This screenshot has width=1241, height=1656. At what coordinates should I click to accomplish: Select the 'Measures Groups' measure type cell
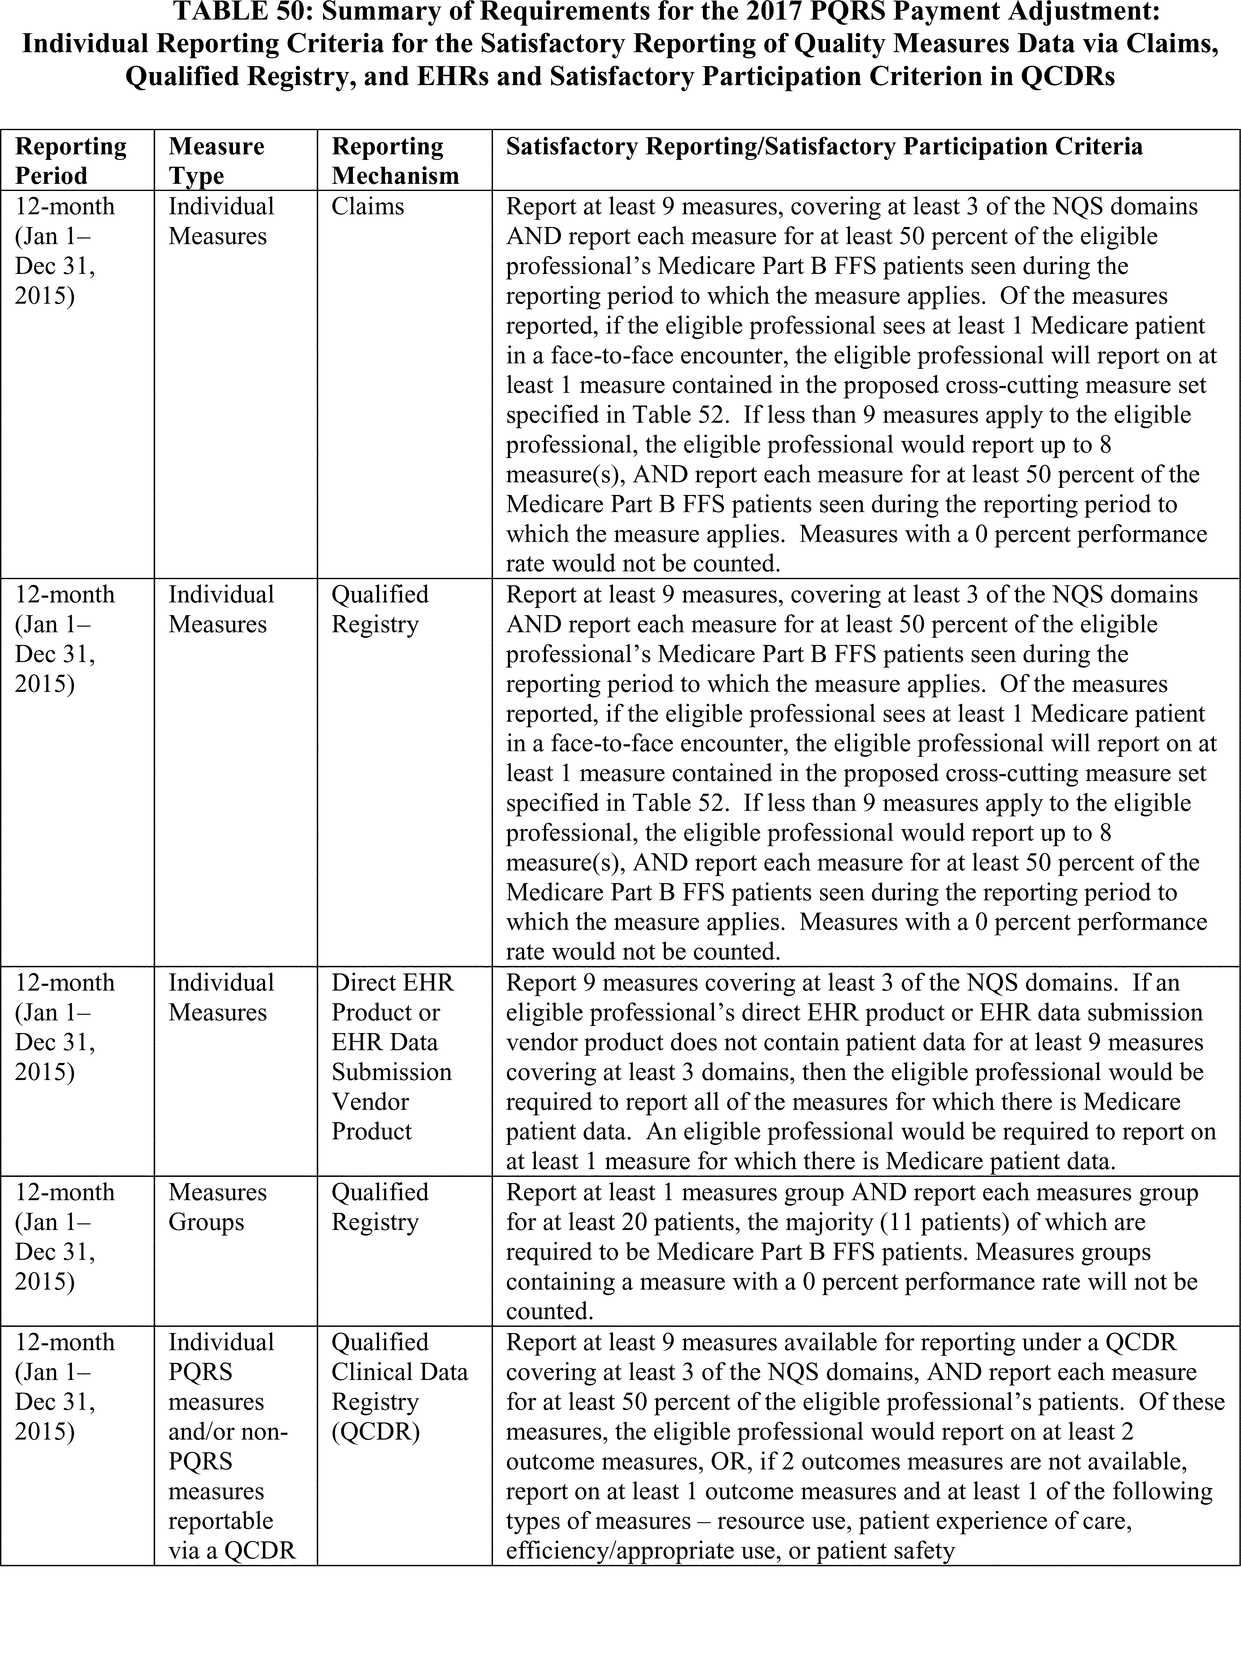[217, 1207]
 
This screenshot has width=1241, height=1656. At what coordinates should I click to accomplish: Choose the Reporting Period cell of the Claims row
[64, 251]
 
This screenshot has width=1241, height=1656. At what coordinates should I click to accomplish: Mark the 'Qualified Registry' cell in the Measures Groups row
[380, 1207]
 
